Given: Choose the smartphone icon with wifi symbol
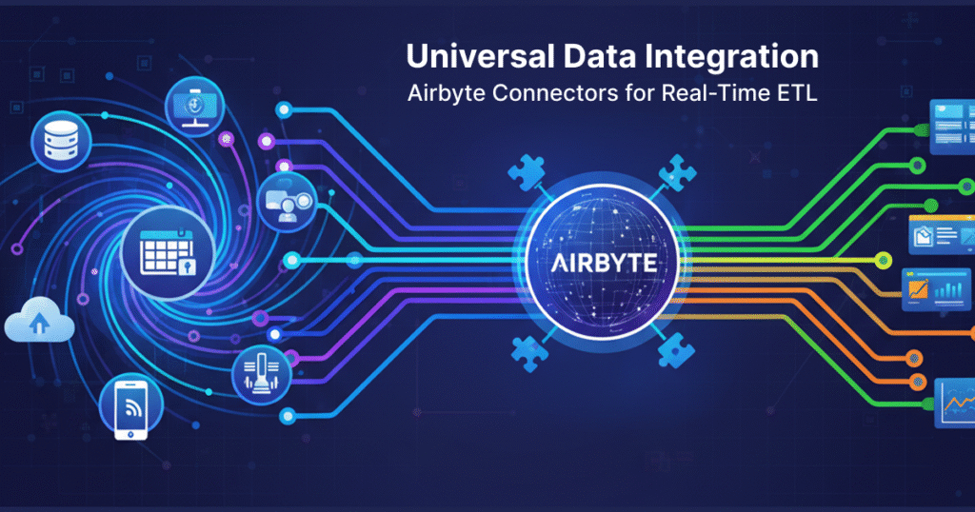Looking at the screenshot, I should coord(130,410).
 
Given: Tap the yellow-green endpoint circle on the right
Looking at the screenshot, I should coord(885,259).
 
